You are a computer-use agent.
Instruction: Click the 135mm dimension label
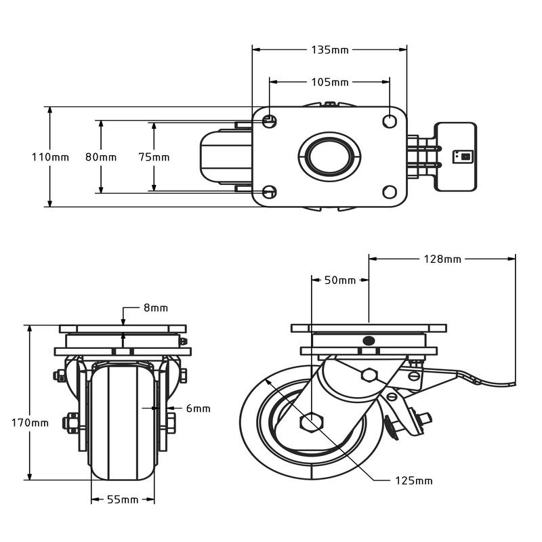(x=330, y=50)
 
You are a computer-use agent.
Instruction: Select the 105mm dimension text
(x=330, y=83)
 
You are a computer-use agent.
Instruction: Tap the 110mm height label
(x=50, y=157)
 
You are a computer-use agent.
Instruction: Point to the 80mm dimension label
(x=100, y=157)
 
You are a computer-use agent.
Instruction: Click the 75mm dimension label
(x=154, y=157)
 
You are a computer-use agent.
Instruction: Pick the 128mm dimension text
(x=442, y=259)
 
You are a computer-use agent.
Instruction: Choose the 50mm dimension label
(x=340, y=280)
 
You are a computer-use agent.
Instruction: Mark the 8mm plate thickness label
(x=155, y=308)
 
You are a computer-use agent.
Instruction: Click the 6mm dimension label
(x=198, y=409)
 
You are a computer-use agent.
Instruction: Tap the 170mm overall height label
(x=30, y=423)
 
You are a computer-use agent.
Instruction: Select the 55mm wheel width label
(x=123, y=500)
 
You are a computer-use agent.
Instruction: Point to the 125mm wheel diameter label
(x=413, y=481)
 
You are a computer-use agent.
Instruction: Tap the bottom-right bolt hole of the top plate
(x=390, y=192)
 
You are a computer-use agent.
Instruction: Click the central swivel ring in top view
(x=330, y=156)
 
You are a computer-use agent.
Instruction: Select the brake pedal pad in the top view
(x=455, y=157)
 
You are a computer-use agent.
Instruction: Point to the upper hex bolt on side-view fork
(x=369, y=375)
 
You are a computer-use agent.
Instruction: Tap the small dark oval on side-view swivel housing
(x=369, y=340)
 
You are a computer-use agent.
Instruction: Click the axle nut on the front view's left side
(x=70, y=423)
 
